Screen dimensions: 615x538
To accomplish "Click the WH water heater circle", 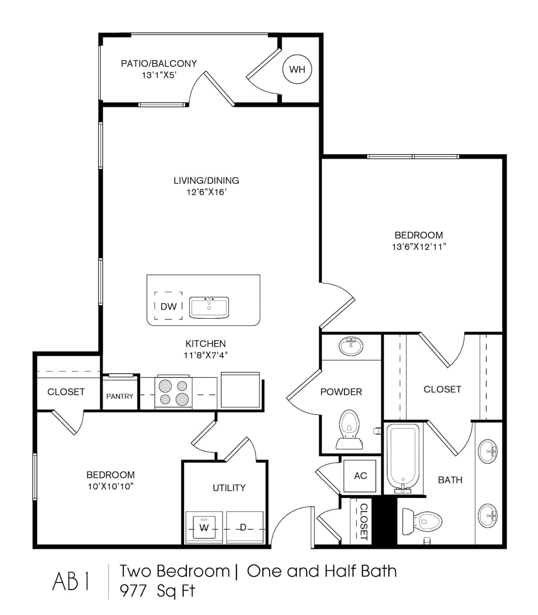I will [297, 69].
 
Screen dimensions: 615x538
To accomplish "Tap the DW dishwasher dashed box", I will [168, 306].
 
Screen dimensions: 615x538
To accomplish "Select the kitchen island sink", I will [209, 307].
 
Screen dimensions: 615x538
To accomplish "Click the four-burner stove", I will [173, 393].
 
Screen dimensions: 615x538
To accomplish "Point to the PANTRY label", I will [120, 396].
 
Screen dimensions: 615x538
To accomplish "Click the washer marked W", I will [204, 528].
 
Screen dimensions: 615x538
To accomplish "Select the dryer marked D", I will [244, 528].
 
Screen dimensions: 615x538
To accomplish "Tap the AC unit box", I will [360, 476].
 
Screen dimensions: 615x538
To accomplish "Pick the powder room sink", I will [351, 346].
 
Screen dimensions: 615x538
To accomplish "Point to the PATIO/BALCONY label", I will [159, 63].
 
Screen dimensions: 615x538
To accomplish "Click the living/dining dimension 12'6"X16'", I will [206, 192].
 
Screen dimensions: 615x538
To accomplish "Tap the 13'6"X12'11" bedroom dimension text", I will [419, 246].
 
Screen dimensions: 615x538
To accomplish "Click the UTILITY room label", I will [229, 488].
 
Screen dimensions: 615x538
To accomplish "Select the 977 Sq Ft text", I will [157, 591].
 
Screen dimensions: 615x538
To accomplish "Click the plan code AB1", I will [71, 581].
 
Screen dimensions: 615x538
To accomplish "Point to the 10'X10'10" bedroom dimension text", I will [110, 487].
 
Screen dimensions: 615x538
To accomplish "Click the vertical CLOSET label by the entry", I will [363, 522].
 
